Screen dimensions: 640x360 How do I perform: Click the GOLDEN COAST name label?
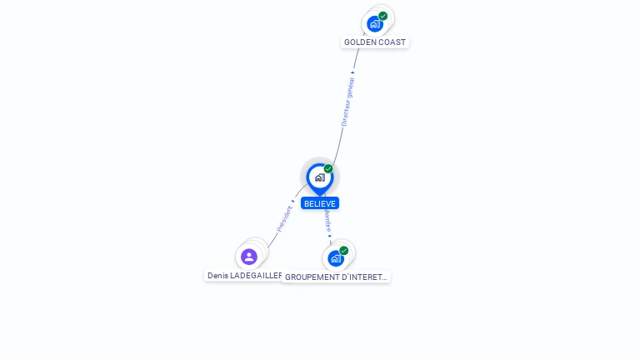coord(375,42)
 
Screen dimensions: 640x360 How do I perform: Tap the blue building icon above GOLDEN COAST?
coord(374,23)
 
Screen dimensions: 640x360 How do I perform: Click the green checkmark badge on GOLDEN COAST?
coord(382,16)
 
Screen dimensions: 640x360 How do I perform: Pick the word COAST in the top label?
coord(392,42)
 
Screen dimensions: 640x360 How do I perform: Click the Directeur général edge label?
coord(347,101)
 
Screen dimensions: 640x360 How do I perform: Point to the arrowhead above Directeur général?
coord(353,72)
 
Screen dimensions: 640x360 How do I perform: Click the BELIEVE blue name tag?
coord(320,203)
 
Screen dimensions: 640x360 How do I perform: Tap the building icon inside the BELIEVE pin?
coord(319,177)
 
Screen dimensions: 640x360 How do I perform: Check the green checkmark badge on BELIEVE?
coord(328,168)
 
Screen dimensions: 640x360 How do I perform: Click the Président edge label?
coord(284,217)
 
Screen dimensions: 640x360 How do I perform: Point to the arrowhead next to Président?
coord(292,202)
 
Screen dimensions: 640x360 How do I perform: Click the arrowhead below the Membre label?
coord(330,236)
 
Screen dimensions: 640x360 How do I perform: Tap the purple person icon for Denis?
coord(248,257)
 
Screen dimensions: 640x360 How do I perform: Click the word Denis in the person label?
coord(217,275)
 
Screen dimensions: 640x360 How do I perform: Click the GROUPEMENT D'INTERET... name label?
coord(337,277)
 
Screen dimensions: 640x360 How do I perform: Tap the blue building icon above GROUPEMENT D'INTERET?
coord(335,258)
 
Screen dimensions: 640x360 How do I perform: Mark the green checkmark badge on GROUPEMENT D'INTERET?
coord(343,250)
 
